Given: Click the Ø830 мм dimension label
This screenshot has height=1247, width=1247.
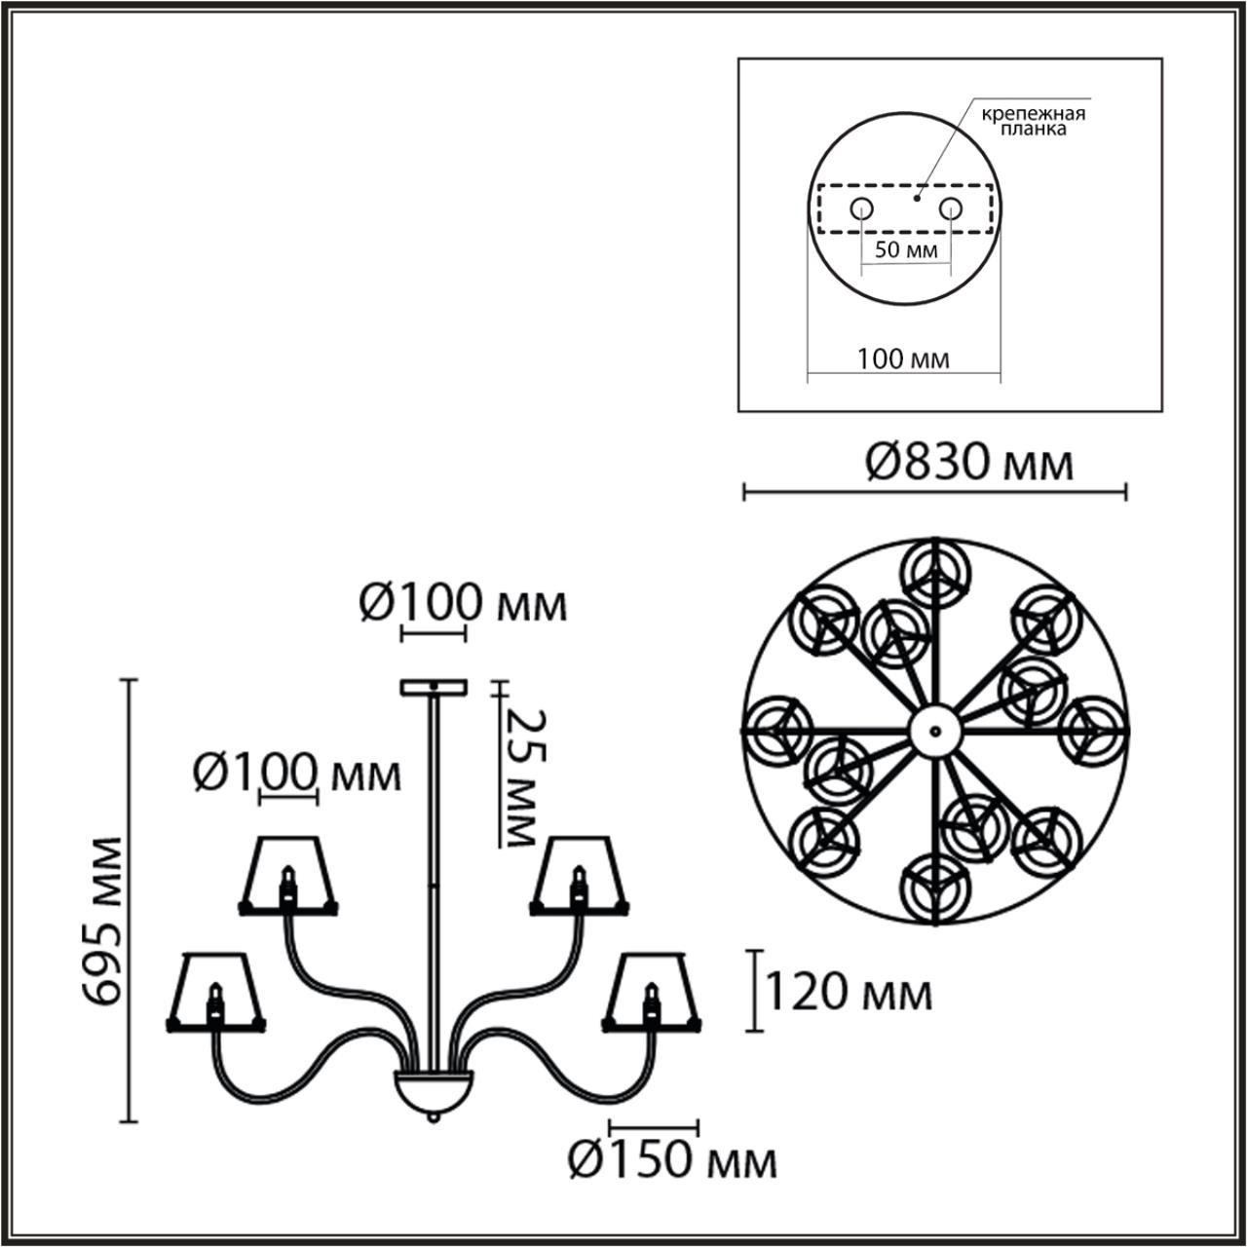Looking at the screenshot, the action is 969,463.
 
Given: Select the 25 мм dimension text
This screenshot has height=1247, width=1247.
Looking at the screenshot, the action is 524,777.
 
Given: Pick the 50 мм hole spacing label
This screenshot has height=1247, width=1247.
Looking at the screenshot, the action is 906,249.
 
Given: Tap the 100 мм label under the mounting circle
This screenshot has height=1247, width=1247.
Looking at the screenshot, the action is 903,359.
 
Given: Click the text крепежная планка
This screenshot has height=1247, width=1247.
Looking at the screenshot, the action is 1034,122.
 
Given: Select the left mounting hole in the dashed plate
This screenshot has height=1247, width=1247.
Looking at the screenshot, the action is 861,208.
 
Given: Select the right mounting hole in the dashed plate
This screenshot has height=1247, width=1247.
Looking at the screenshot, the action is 951,208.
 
